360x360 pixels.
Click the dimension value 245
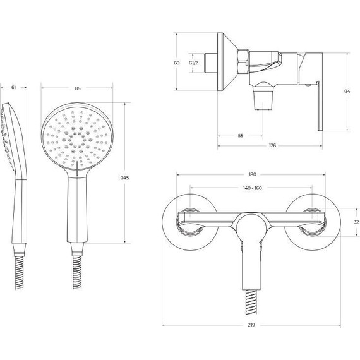(124, 177)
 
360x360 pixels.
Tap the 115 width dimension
(78, 88)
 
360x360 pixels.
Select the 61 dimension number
(13, 87)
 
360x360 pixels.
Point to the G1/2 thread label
(193, 63)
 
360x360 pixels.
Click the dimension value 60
(177, 63)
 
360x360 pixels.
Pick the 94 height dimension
(347, 92)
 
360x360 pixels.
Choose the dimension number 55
(241, 136)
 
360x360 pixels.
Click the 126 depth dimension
(272, 145)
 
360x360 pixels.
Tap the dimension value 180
(253, 174)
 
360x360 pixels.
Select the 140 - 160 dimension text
(253, 188)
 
